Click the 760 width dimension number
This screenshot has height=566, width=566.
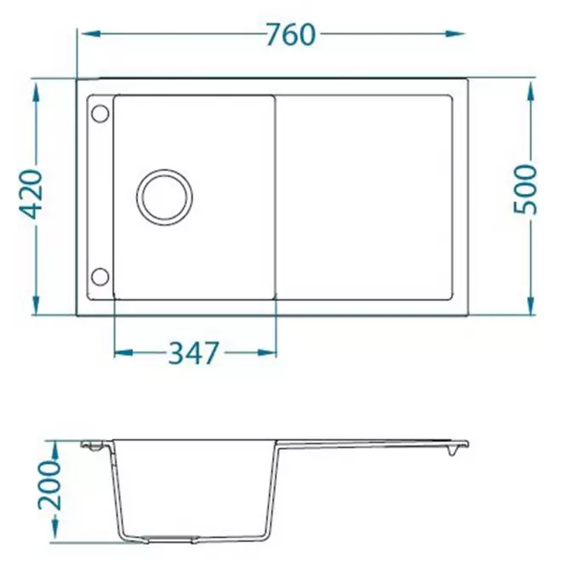point(290,35)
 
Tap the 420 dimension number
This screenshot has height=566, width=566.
point(31,195)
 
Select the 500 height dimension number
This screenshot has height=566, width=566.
point(525,189)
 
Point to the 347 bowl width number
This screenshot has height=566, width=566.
point(194,352)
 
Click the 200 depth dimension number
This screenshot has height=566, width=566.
point(50,485)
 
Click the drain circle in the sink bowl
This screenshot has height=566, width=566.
point(164,197)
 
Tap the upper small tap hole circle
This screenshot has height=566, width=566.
point(100,114)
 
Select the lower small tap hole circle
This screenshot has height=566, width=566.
point(100,277)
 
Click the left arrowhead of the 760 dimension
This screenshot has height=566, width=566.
point(90,34)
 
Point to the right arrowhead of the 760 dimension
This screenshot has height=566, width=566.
point(455,34)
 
